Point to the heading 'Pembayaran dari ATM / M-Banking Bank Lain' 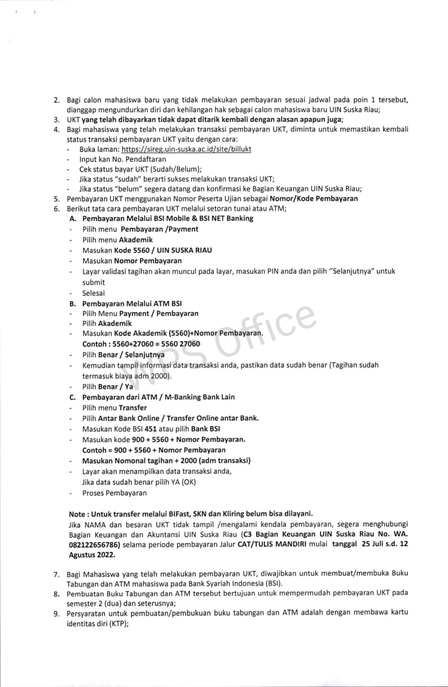159,397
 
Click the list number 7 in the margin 56,574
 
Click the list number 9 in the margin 56,614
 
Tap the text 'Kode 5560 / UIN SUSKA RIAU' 163,250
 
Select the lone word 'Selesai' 94,293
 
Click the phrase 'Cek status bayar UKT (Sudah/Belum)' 140,169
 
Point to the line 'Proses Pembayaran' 115,493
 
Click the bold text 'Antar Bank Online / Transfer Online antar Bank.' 178,418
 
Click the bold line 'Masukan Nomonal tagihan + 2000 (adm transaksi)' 166,460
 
